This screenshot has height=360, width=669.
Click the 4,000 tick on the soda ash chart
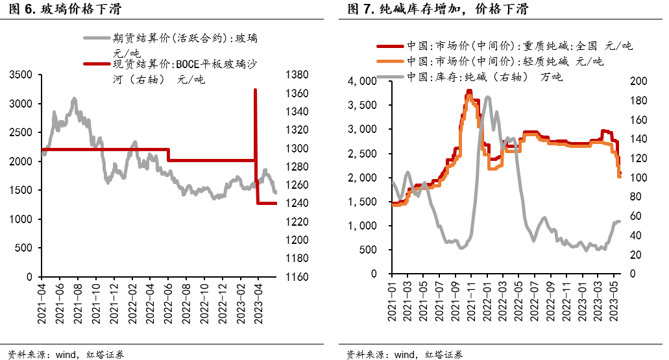[363, 81]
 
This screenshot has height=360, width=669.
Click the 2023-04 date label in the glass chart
[258, 300]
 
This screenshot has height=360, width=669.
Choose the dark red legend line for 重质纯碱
[391, 46]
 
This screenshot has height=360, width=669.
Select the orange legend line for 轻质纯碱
[391, 62]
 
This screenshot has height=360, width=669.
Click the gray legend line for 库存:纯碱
[391, 77]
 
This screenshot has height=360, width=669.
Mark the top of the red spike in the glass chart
[255, 90]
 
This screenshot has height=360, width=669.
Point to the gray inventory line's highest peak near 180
[488, 97]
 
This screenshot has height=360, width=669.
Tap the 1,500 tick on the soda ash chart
[363, 202]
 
